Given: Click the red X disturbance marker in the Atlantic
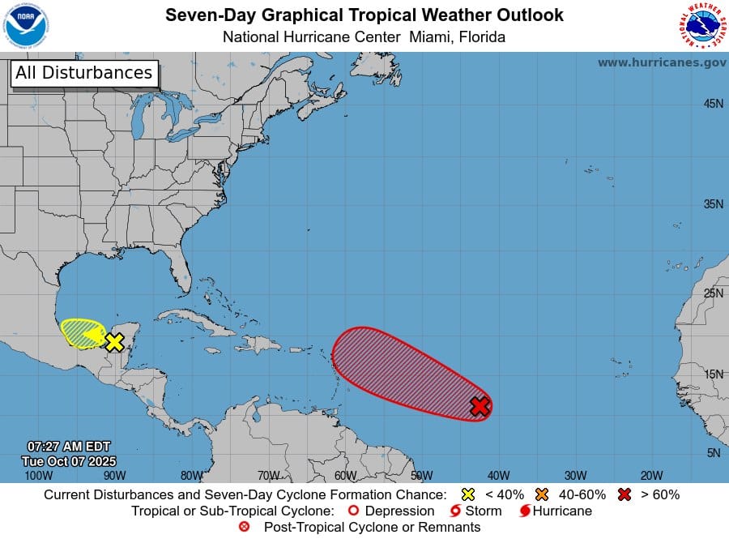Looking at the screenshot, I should coord(480,406).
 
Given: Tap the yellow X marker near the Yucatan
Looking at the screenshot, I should coord(114,342).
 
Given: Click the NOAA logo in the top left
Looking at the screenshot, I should coord(26,25).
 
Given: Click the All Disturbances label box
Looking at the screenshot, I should coord(83,73).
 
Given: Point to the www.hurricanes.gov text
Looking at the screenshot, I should coord(662,62).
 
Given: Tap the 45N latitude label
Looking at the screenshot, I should coord(713,104).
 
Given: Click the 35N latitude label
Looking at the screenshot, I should coord(713,204).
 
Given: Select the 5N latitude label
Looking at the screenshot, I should coord(713,453).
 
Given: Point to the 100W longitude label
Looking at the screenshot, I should coord(38,476).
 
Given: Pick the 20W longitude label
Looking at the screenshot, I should coord(651,476).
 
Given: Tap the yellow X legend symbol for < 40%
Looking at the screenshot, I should coord(467,494).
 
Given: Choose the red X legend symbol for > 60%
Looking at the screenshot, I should coord(624,494).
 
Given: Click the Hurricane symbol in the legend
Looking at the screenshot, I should coord(524,511).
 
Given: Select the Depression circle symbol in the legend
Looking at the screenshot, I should coord(352,511).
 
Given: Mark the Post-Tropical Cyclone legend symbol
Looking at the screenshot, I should coord(245,528).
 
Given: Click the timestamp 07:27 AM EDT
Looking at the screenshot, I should coord(69,447).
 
